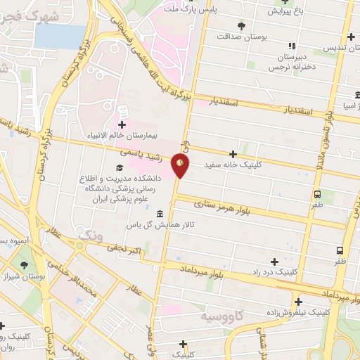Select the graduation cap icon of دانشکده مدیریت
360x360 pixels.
pos(118,168)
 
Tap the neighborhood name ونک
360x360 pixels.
pos(91,236)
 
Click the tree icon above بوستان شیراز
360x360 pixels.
pos(25,265)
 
